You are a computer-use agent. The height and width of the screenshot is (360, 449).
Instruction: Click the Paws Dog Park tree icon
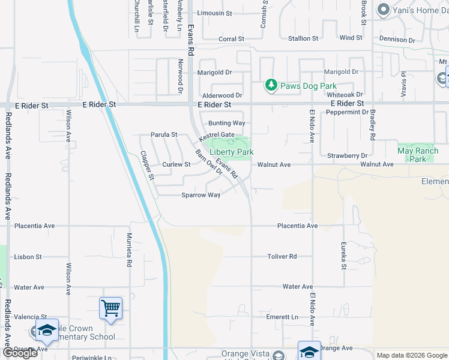point(271,86)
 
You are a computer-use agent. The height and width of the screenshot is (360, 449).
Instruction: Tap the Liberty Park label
point(231,152)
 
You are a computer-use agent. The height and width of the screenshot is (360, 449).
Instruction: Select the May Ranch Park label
point(418,155)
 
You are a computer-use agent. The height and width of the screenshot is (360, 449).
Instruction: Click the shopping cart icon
point(110,308)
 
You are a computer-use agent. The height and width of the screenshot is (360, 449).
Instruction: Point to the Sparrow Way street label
point(201,195)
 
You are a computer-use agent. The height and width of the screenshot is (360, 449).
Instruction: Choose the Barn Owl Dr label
point(209,163)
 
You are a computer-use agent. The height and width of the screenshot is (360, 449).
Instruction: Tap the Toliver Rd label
point(282,257)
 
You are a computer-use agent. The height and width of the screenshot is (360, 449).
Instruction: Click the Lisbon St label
point(28,257)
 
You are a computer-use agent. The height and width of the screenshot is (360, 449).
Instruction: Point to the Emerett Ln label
point(282,317)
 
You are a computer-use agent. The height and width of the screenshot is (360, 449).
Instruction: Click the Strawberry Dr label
point(347,156)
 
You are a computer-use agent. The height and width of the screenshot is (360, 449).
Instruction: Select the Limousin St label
point(214,13)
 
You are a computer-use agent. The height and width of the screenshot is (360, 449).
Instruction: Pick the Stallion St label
point(303,38)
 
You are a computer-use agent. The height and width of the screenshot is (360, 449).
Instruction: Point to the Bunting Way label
point(227,123)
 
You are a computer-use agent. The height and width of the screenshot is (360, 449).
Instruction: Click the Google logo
point(20,353)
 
